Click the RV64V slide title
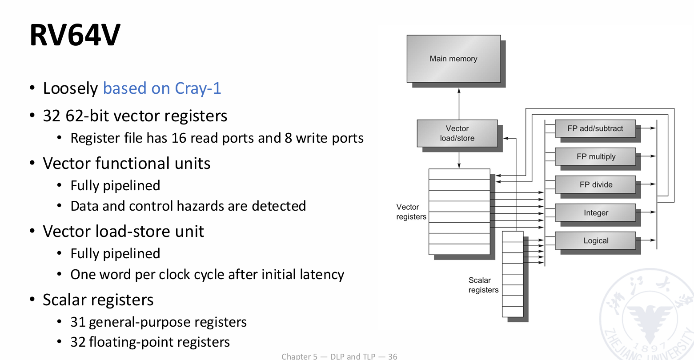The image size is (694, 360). point(75,35)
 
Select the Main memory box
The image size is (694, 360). point(453,59)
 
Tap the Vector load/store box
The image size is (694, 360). point(457,133)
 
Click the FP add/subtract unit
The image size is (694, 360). point(595,128)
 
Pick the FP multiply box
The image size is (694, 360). point(596,156)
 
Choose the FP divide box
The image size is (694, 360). point(596,184)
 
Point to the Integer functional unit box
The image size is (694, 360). point(596,213)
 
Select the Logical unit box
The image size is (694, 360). point(596,240)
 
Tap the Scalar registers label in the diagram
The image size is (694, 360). point(483,285)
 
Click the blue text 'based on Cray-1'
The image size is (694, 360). point(162,88)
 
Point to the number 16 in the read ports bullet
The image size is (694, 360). point(179,138)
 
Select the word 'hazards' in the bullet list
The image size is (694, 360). point(201,206)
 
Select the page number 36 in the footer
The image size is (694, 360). point(393,356)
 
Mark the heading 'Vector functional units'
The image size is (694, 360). point(127,164)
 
